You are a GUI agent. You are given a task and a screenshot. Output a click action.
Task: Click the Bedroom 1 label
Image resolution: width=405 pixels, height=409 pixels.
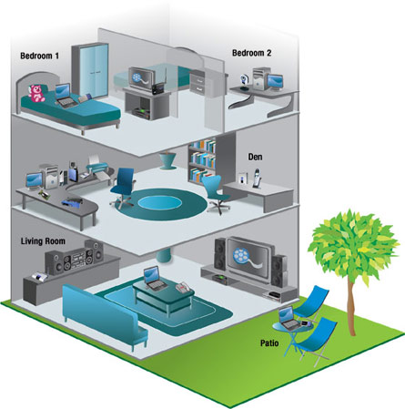click(39, 56)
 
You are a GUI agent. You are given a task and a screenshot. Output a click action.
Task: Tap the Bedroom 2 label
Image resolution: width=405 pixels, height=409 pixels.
click(251, 53)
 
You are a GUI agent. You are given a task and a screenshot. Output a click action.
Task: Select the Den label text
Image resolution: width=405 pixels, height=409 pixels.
click(255, 157)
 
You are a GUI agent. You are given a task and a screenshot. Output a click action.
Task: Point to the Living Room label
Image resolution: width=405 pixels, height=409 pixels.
click(43, 241)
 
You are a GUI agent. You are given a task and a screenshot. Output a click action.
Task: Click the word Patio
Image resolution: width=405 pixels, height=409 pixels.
click(269, 343)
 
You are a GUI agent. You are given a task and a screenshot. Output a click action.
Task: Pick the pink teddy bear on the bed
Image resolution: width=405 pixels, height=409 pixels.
click(36, 93)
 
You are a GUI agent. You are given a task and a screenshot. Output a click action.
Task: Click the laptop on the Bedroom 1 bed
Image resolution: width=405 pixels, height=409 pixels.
click(65, 96)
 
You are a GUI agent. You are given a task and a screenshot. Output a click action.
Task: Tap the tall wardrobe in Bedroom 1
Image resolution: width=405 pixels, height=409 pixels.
click(90, 71)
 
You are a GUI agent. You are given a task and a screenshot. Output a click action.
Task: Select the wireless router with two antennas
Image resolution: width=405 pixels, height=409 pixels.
click(159, 84)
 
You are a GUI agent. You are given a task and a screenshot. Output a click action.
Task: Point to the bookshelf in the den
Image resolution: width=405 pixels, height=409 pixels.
click(202, 161)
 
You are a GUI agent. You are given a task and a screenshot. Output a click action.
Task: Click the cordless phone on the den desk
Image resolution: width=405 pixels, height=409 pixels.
click(257, 179)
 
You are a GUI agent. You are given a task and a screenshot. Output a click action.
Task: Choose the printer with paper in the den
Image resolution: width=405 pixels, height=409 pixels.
click(97, 166)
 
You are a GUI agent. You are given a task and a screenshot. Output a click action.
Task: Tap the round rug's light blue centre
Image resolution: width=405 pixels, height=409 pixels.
click(159, 201)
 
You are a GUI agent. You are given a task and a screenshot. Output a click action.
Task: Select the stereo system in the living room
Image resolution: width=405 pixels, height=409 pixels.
click(75, 257)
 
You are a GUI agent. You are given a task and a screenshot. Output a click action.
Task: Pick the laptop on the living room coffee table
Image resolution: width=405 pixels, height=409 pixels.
click(154, 279)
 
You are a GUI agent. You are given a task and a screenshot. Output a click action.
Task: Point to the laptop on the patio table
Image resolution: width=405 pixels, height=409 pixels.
click(289, 319)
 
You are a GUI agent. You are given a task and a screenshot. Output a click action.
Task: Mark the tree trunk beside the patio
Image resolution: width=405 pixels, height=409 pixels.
click(351, 307)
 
